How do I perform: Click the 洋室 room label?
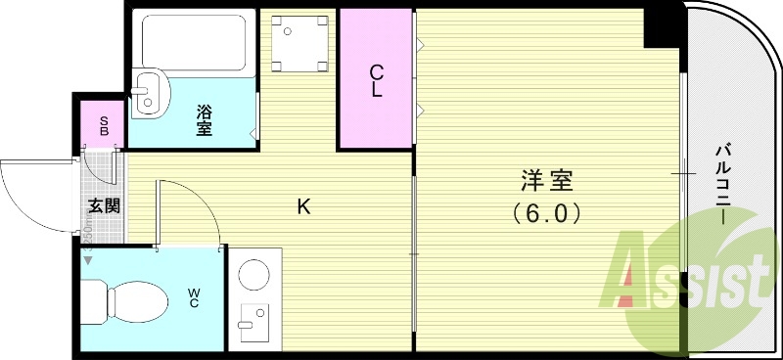coord(546,182)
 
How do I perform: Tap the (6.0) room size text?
coord(546,212)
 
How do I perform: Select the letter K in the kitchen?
coord(304,207)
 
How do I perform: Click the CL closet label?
coord(376,80)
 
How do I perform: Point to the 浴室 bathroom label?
coord(204,119)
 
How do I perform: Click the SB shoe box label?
coord(102,125)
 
